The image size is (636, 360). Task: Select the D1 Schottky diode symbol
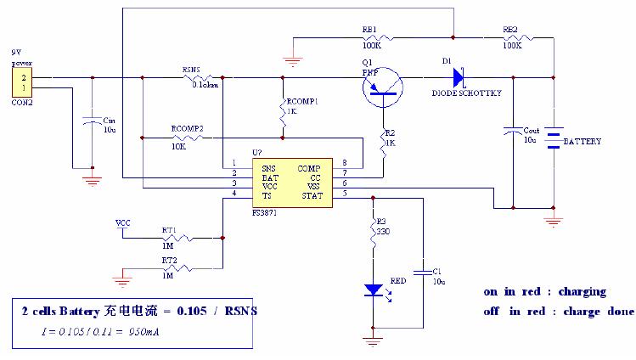pos(458,77)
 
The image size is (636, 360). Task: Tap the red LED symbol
pos(373,290)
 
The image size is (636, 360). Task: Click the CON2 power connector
pos(17,82)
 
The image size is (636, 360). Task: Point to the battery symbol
pos(554,139)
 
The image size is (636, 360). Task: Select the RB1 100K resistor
pos(374,37)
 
